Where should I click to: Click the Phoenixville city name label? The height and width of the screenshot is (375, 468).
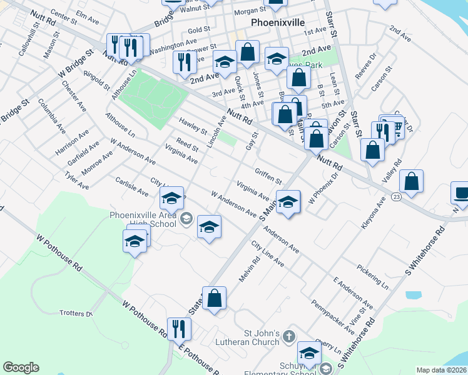coord(277,22)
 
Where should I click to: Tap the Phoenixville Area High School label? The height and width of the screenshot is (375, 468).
coord(143,219)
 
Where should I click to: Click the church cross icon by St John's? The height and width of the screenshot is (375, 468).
coord(288,336)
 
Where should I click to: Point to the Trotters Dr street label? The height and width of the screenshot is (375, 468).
coord(76,312)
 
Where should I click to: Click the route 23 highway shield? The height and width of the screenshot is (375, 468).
coord(396,196)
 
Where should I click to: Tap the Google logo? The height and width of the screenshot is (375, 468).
coord(21,367)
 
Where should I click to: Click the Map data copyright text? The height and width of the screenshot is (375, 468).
coord(441,370)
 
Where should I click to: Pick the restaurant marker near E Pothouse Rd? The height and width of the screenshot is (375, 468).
coord(180,329)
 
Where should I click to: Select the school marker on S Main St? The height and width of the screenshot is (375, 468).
coord(288,202)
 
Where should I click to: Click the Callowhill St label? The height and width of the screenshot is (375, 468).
coord(26,42)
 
